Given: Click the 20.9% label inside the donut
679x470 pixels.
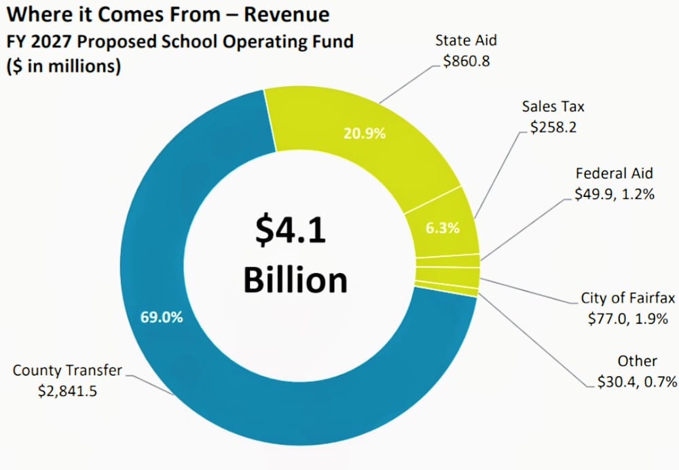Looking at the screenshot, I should pyautogui.click(x=365, y=133).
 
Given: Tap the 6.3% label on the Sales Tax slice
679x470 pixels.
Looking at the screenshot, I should pyautogui.click(x=443, y=228).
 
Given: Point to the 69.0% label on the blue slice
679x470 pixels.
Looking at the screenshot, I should pyautogui.click(x=162, y=317).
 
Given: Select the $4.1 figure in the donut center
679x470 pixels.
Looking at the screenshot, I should pyautogui.click(x=291, y=231).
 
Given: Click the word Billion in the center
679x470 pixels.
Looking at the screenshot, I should pyautogui.click(x=295, y=279).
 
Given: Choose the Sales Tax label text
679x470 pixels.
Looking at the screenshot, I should pyautogui.click(x=553, y=107).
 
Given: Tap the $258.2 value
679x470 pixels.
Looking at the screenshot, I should pyautogui.click(x=553, y=127).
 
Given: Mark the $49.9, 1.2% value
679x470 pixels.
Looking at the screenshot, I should pyautogui.click(x=614, y=194).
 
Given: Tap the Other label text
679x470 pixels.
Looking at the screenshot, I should pyautogui.click(x=637, y=361).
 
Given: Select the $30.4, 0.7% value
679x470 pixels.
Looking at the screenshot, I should pyautogui.click(x=637, y=382).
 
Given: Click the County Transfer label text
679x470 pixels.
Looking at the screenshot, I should pyautogui.click(x=68, y=370).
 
